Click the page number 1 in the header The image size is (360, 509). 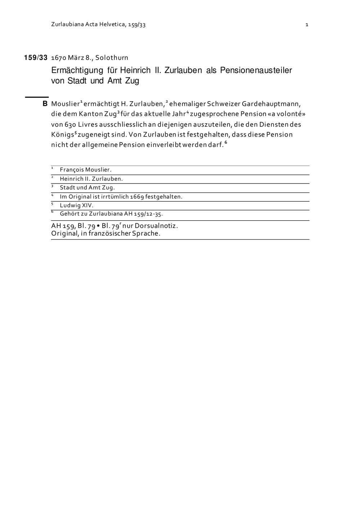click(307, 25)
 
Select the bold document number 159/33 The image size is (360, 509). click(36, 58)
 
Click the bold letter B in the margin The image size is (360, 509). click(45, 104)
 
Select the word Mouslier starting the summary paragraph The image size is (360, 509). click(65, 104)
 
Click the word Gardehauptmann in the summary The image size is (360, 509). click(271, 104)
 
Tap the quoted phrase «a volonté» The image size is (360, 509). click(287, 114)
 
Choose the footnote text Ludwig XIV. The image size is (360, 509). click(76, 206)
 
